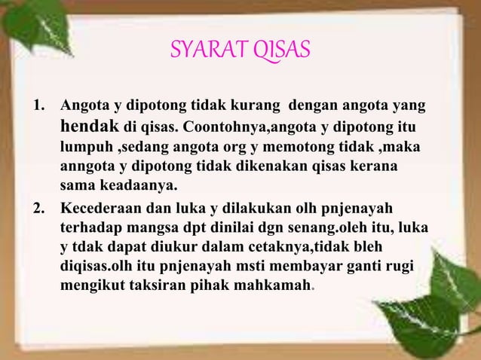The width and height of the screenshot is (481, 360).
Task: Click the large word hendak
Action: pos(90,124)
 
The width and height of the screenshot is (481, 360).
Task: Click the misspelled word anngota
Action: pos(87,165)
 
